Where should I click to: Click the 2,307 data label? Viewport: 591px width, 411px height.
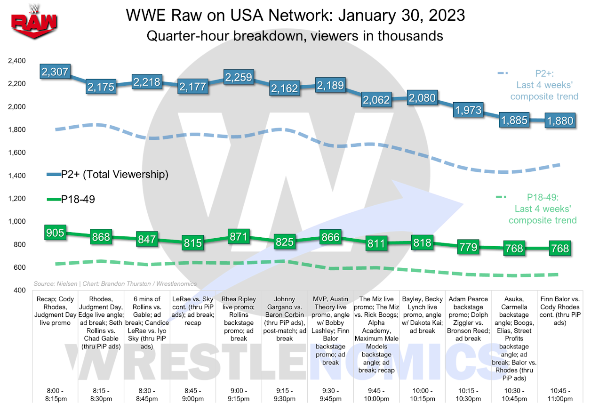point(55,72)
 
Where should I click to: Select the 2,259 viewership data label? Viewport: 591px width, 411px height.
point(239,77)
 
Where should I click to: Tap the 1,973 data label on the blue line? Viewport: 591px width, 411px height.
point(468,110)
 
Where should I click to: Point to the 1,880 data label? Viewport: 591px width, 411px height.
point(560,121)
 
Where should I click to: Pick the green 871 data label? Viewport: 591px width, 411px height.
point(239,236)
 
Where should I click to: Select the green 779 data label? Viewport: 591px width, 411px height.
point(468,247)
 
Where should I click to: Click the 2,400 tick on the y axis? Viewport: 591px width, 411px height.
point(17,61)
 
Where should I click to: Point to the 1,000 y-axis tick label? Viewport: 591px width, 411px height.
point(17,222)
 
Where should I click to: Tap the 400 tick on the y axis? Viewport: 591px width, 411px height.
point(20,290)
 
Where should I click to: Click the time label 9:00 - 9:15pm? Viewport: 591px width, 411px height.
point(239,394)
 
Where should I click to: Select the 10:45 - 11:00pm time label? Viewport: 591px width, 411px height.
point(560,394)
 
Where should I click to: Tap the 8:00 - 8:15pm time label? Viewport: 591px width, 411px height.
point(55,394)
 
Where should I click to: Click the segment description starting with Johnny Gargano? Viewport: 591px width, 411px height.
point(284,319)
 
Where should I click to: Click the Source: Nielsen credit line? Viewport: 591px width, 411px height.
point(115,284)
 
